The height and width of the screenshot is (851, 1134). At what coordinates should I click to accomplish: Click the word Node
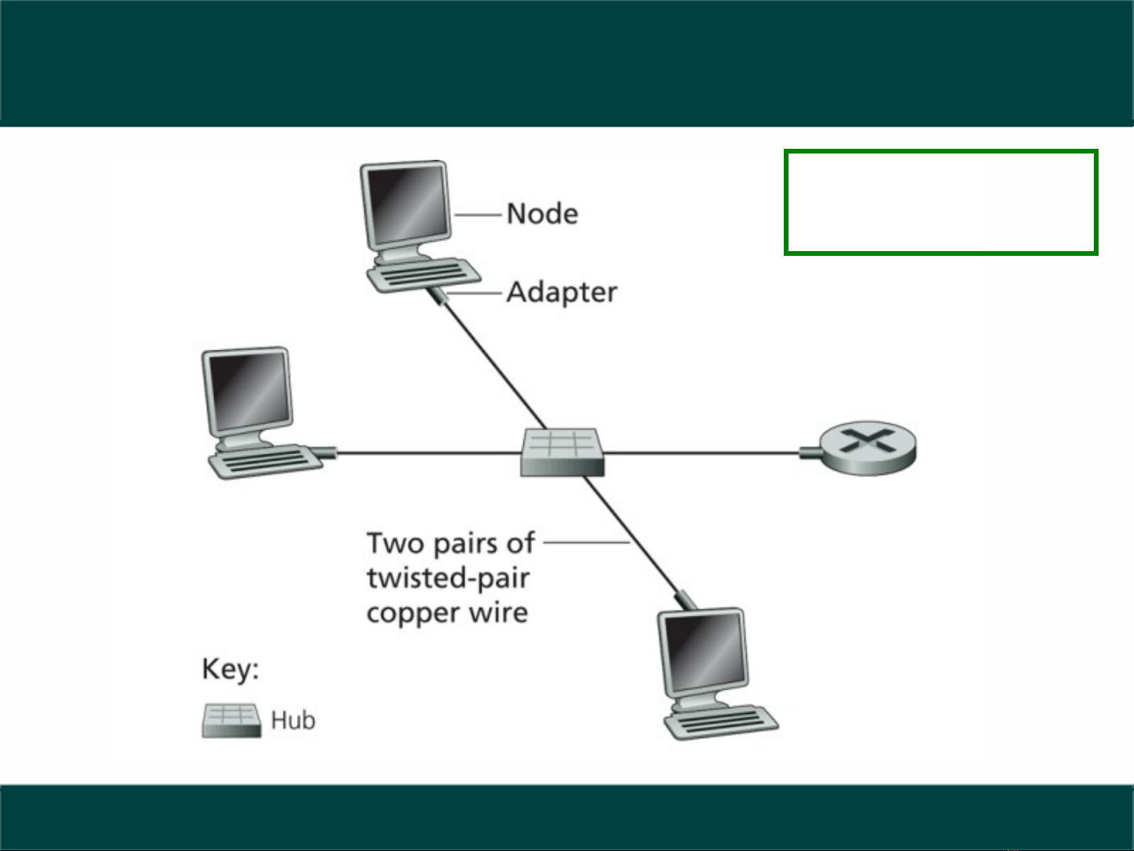[x=541, y=213]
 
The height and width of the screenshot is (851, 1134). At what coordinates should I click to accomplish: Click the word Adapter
[x=561, y=292]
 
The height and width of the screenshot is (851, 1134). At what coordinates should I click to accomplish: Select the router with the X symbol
[x=867, y=446]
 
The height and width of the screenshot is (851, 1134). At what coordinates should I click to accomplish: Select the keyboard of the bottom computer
[x=721, y=721]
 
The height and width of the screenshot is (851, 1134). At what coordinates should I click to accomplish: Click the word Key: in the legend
[x=230, y=669]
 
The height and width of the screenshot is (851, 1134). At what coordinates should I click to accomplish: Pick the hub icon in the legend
[x=231, y=720]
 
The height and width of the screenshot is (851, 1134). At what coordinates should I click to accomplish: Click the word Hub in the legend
[x=293, y=720]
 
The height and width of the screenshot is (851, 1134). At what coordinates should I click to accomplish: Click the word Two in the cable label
[x=395, y=543]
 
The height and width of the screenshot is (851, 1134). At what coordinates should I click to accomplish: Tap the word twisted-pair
[x=448, y=579]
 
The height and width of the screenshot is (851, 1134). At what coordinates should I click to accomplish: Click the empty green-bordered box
[x=940, y=202]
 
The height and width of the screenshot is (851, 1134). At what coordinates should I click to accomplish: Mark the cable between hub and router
[x=700, y=453]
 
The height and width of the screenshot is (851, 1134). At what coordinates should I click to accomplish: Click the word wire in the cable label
[x=499, y=612]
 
